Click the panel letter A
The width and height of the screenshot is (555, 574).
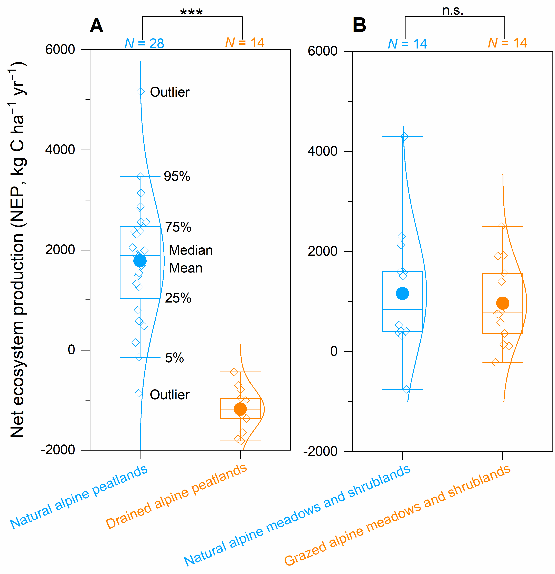tap(96, 26)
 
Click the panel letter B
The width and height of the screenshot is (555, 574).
tap(359, 25)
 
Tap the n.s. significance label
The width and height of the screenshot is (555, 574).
tap(453, 11)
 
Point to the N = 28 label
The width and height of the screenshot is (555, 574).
tap(144, 44)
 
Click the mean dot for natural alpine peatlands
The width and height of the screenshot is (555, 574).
tap(140, 261)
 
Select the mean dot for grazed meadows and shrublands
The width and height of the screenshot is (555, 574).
tap(503, 303)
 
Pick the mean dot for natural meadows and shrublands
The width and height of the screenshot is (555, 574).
tap(402, 293)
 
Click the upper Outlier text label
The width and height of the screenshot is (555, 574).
tap(170, 92)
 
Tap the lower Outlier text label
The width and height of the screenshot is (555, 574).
tap(170, 395)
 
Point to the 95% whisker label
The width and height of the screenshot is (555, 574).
tap(177, 176)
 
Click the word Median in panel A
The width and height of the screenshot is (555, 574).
tap(191, 250)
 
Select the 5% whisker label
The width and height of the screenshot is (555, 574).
tap(174, 358)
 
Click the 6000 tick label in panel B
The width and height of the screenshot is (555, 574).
tap(322, 51)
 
